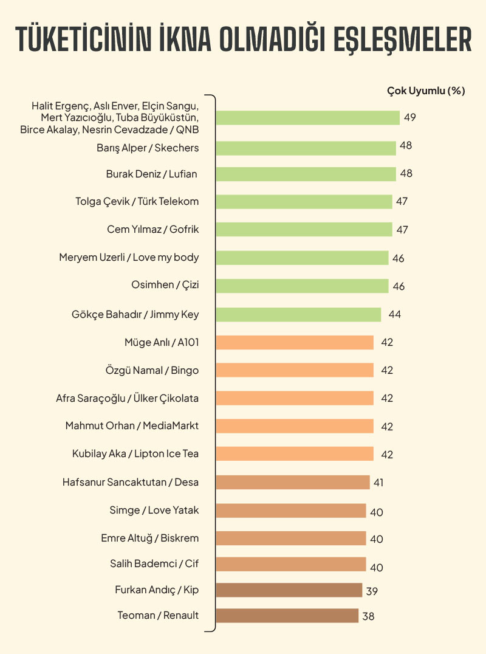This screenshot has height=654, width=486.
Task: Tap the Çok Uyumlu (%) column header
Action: tap(426, 91)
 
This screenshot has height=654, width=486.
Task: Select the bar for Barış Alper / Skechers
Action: tap(306, 148)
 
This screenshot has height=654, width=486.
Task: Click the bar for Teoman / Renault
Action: tap(287, 616)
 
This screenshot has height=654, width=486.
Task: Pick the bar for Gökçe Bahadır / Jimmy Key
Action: tap(298, 314)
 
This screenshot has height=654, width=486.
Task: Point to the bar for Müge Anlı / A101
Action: tap(295, 342)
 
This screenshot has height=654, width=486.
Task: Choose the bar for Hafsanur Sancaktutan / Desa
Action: tap(293, 483)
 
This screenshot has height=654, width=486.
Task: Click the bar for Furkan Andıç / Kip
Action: tap(289, 590)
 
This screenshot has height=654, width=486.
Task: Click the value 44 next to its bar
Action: tap(395, 315)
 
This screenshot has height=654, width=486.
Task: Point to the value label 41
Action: tap(378, 483)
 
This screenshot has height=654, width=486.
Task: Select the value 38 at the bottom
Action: tap(368, 616)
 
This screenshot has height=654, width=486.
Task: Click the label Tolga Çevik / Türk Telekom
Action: tap(137, 201)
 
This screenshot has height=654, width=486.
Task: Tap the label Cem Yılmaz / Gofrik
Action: tap(152, 229)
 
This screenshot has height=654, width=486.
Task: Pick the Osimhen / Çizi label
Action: tap(165, 286)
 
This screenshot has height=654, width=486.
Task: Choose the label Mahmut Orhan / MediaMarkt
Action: tap(132, 425)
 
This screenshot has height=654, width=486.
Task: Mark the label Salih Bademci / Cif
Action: tap(154, 563)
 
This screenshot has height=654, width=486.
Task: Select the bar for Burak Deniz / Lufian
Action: tap(306, 174)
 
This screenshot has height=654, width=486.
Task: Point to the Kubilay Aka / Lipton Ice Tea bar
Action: tap(295, 454)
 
